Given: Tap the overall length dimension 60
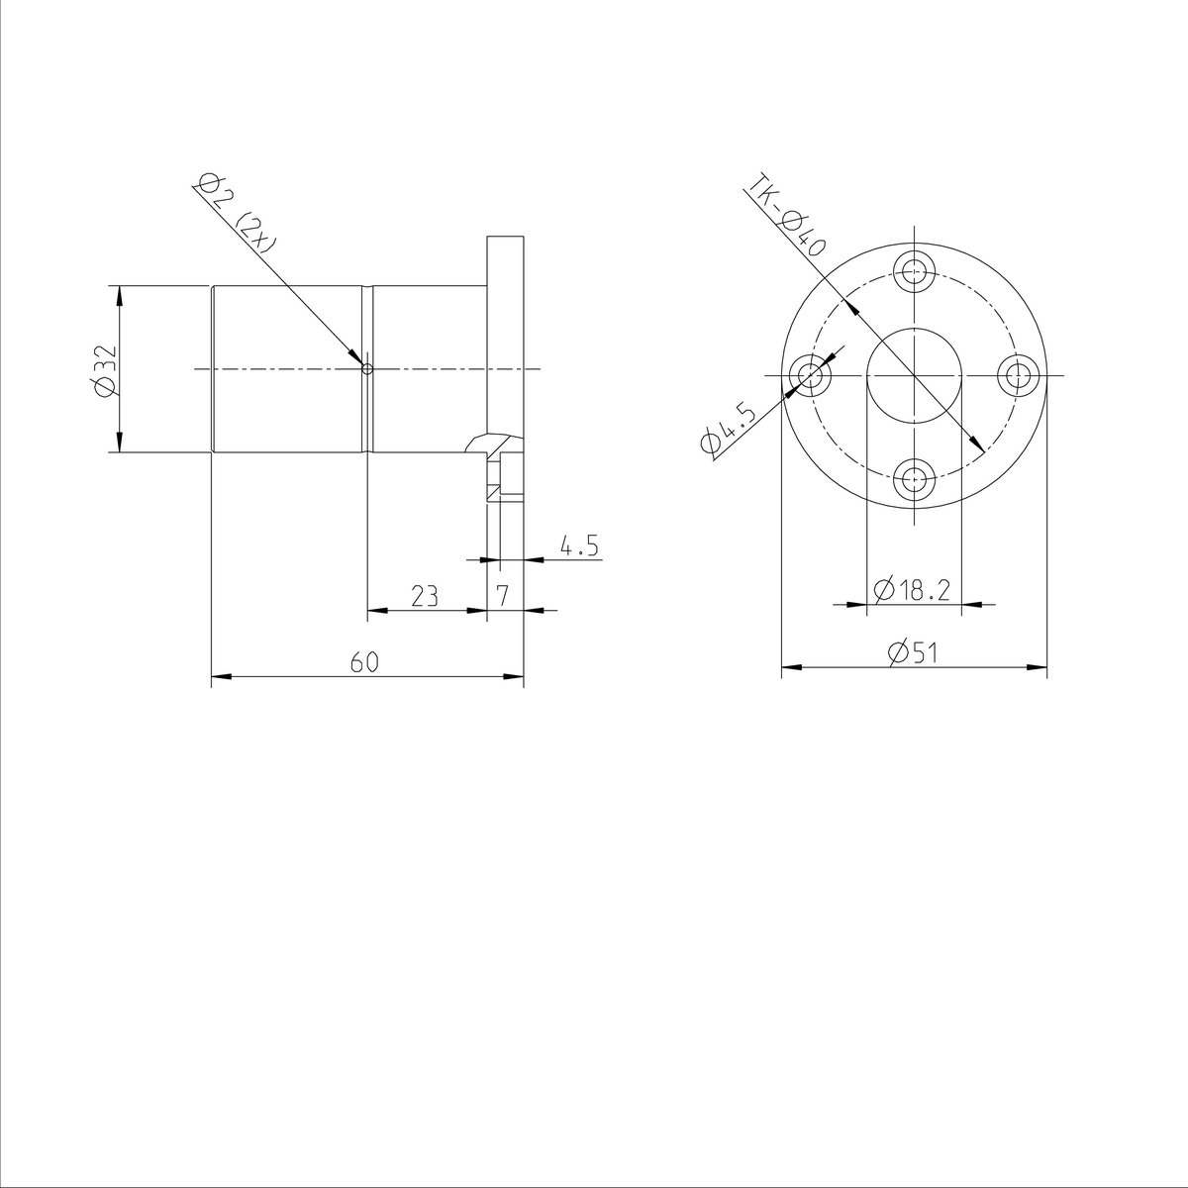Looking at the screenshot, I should tap(364, 662).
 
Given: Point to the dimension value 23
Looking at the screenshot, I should tap(425, 595).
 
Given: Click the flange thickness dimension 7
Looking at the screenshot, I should tap(503, 595).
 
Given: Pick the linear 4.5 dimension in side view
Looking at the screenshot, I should tap(579, 546).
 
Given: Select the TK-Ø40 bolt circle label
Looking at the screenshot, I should tap(787, 218).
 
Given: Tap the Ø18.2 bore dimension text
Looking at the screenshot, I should tap(912, 590).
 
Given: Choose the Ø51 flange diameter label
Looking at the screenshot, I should tap(913, 653).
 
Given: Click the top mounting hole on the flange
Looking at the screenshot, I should tap(914, 268).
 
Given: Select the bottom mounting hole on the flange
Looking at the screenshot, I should tap(914, 482).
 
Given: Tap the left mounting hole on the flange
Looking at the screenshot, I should tap(811, 376).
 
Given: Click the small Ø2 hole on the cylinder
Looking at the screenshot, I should tap(367, 369).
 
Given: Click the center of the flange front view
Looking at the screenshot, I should tap(914, 376).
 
